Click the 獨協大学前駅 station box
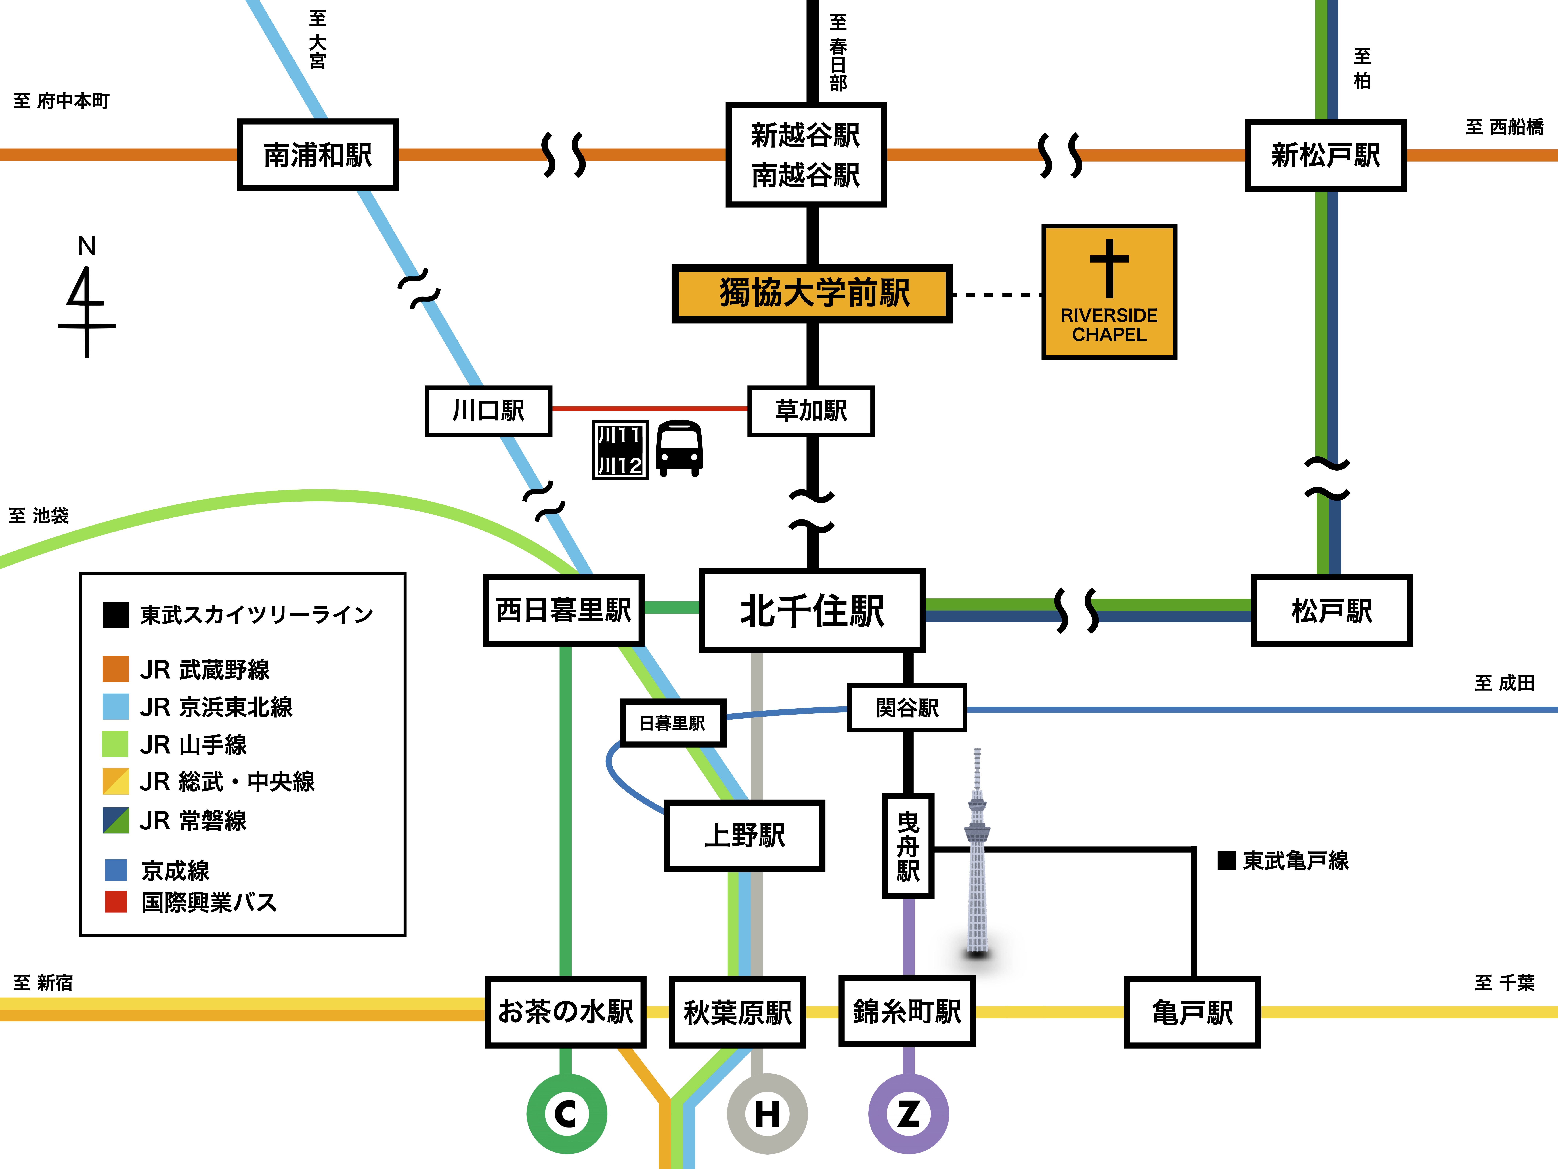(x=812, y=293)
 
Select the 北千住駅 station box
(x=812, y=610)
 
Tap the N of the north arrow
(x=87, y=246)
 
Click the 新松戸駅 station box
(x=1326, y=155)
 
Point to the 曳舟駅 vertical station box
(x=908, y=846)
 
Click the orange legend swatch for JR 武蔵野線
(x=116, y=669)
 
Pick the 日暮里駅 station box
(x=673, y=723)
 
